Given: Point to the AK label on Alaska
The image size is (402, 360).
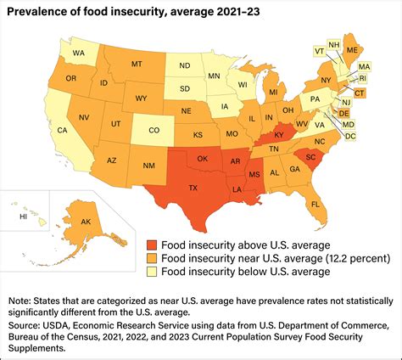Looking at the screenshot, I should click(85, 222).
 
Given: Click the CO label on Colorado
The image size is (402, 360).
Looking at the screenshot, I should click(153, 132).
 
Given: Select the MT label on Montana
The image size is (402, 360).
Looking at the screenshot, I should click(136, 64).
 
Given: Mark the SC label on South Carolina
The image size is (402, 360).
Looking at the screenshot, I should click(310, 158).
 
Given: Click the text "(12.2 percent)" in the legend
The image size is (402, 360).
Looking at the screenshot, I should click(349, 256).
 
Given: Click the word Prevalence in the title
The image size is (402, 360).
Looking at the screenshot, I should click(40, 11).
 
